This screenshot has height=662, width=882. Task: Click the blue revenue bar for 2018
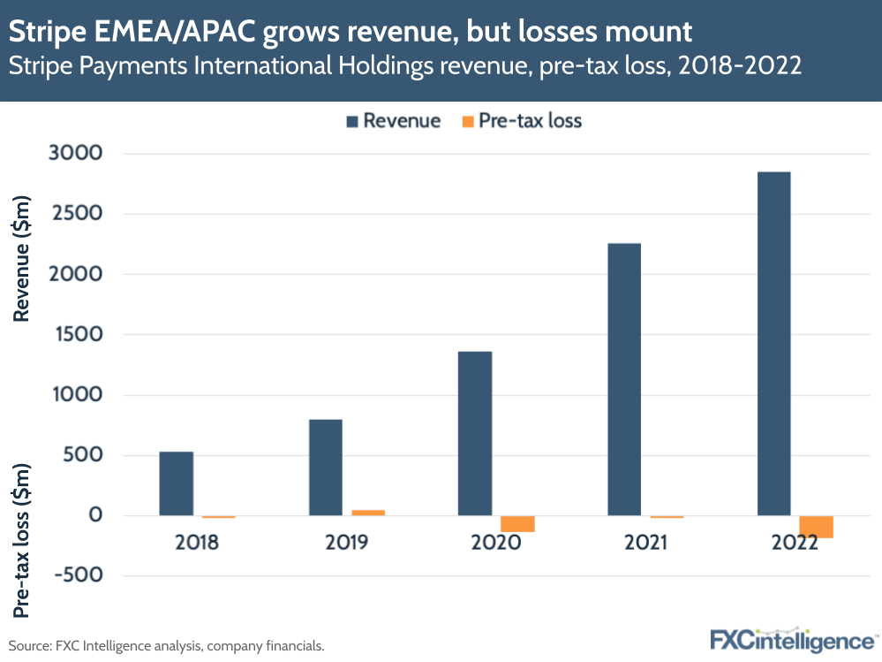(176, 483)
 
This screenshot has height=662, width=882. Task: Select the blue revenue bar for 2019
(326, 468)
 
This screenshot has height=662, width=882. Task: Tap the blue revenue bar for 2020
(475, 433)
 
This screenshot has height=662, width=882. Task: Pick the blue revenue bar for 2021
(624, 379)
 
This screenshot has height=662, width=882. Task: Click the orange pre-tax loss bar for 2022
(816, 527)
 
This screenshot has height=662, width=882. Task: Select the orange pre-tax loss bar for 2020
(517, 523)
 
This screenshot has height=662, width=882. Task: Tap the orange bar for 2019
(368, 513)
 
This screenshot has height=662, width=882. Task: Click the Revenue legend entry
(390, 121)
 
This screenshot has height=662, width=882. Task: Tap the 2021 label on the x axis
(645, 542)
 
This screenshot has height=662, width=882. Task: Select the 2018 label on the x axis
(197, 542)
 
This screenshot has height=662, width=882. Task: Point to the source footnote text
(167, 646)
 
